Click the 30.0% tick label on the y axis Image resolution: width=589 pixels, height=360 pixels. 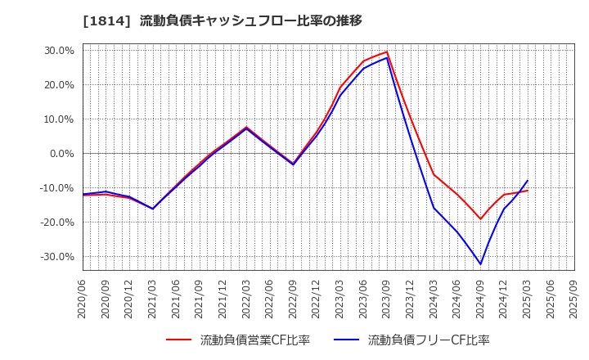[x=58, y=51]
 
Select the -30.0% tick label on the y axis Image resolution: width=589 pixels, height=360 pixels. [x=56, y=257]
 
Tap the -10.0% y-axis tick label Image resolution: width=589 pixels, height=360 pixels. [x=56, y=188]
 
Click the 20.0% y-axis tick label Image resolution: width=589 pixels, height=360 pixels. [x=58, y=85]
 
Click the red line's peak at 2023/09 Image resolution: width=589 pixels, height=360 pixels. [x=387, y=52]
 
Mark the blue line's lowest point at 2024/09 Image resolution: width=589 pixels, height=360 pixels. [x=481, y=264]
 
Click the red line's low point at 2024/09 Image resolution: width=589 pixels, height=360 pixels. [x=481, y=219]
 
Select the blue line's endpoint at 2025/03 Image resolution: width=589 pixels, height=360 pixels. [x=528, y=181]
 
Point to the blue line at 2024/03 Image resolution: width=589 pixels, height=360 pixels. [x=434, y=208]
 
